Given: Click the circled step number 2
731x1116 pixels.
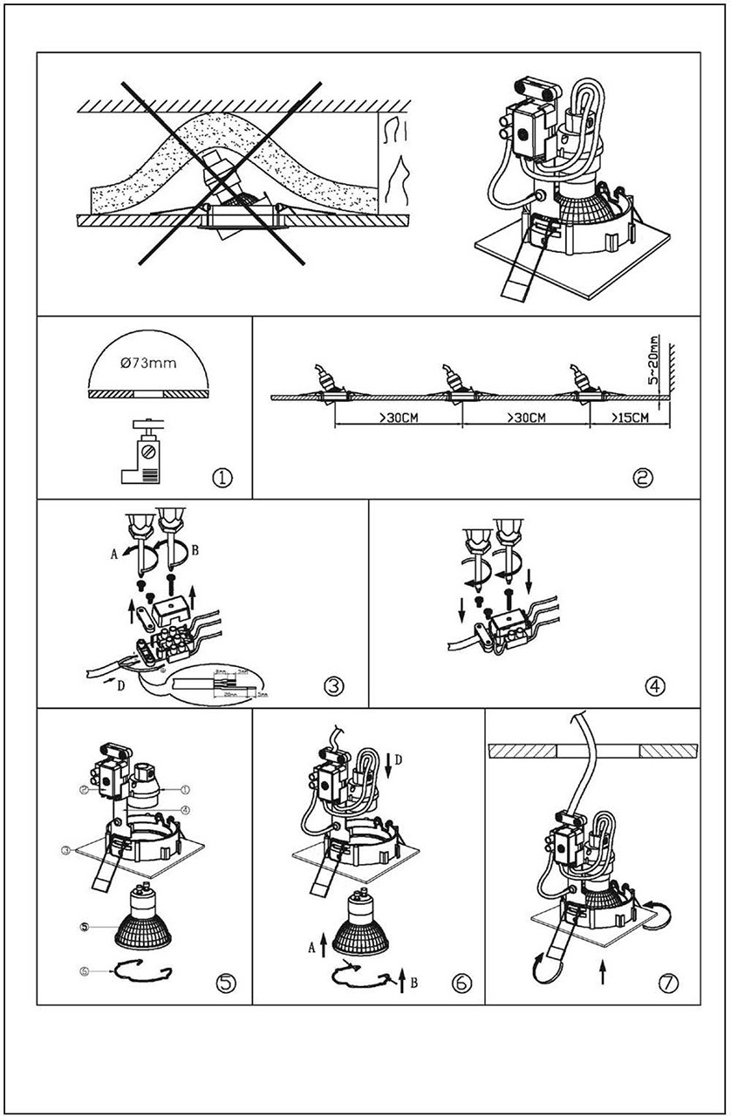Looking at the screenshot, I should click(x=644, y=477).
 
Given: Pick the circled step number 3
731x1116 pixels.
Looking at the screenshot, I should click(x=334, y=685).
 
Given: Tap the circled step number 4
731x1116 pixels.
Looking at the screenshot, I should click(x=657, y=685).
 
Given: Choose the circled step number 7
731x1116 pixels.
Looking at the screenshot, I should click(x=669, y=983).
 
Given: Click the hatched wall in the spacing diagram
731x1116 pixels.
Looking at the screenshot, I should click(x=673, y=384).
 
